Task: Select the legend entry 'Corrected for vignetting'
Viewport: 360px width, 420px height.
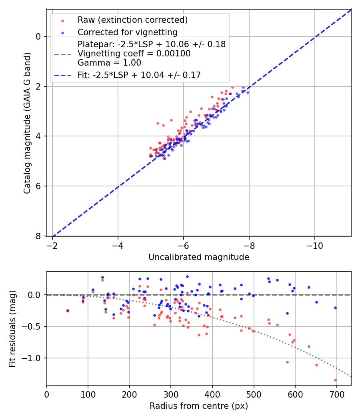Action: pyautogui.click(x=128, y=32)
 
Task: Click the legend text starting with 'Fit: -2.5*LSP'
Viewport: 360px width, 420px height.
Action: pyautogui.click(x=139, y=75)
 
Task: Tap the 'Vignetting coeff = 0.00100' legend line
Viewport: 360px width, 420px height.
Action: pyautogui.click(x=134, y=54)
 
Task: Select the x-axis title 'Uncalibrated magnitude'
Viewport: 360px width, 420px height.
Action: pyautogui.click(x=199, y=257)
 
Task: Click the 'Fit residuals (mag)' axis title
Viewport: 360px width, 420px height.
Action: pyautogui.click(x=12, y=328)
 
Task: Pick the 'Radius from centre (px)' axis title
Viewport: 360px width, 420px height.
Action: pyautogui.click(x=199, y=406)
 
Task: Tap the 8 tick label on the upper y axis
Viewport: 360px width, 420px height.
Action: pyautogui.click(x=38, y=236)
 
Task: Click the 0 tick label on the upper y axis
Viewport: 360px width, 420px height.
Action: pyautogui.click(x=38, y=36)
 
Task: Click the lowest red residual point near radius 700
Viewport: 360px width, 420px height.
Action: pyautogui.click(x=335, y=380)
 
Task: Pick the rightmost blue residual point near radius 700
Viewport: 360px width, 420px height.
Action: pyautogui.click(x=335, y=308)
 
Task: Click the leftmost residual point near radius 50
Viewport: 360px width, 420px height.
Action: pyautogui.click(x=68, y=310)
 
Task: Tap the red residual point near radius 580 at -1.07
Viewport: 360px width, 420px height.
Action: pyautogui.click(x=287, y=362)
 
